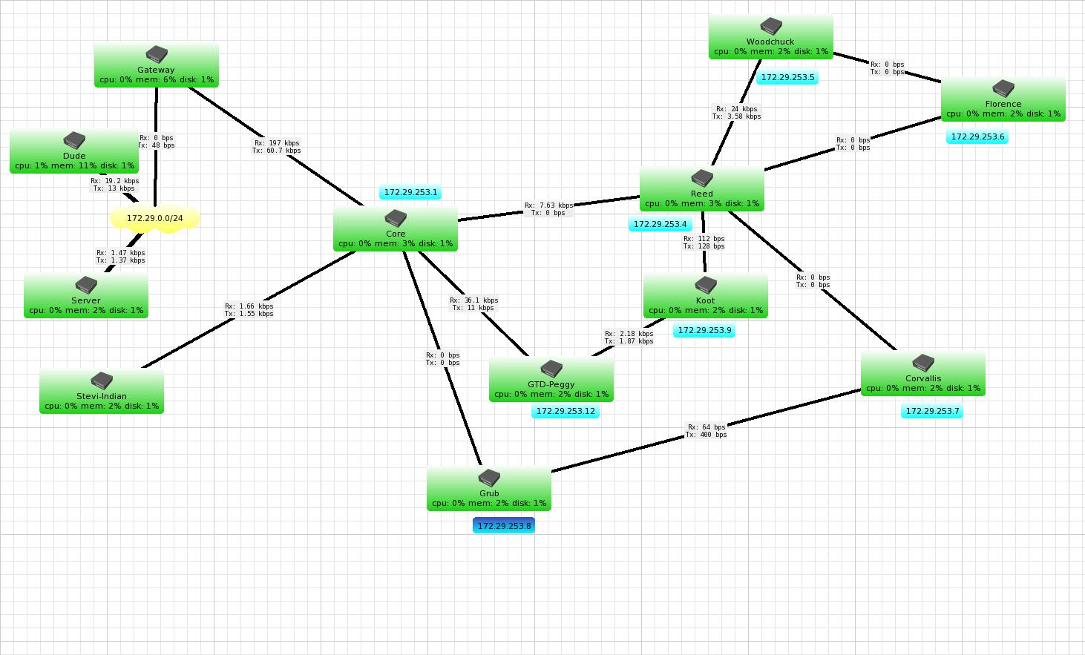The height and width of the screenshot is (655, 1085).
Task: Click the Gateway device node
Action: [156, 65]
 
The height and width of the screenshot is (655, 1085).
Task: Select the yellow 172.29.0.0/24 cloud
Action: [155, 219]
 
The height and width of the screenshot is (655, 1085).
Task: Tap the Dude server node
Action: [74, 151]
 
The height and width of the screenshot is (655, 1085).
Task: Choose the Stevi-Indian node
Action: [102, 392]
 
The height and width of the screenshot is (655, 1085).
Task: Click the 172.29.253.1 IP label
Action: [410, 193]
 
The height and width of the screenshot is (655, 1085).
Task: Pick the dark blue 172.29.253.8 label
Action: [504, 526]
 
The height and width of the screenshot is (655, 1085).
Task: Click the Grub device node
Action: [489, 489]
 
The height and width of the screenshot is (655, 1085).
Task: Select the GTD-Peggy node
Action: [551, 380]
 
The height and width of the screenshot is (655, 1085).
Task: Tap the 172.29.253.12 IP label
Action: [566, 411]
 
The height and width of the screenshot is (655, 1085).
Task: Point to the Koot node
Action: [705, 296]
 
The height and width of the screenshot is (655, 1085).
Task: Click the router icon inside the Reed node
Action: [702, 179]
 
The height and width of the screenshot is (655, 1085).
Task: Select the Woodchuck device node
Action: [770, 37]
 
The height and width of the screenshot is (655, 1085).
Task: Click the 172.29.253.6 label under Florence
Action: [977, 136]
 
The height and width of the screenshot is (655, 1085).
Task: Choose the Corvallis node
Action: [922, 374]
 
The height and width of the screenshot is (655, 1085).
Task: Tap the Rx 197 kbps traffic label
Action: [277, 147]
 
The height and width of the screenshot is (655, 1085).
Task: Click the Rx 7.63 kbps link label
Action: [548, 209]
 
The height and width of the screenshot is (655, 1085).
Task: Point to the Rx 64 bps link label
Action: [707, 431]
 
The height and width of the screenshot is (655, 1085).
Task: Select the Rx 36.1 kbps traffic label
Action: [473, 304]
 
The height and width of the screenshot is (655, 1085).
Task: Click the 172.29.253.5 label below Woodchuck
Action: [787, 77]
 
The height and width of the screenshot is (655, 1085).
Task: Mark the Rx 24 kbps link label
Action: [736, 113]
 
